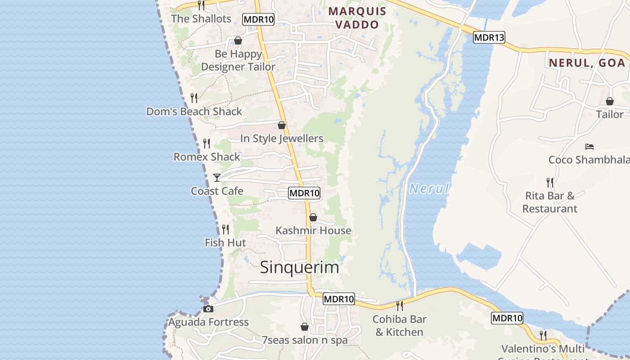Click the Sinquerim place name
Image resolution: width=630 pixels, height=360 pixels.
299,267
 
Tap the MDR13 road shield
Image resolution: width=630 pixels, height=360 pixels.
489,38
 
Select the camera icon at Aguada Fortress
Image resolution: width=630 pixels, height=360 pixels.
208,309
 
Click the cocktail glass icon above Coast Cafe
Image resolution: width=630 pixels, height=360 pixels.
216,178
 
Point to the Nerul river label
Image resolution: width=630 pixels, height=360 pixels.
429,189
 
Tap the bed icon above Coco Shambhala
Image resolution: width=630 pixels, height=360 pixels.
589,147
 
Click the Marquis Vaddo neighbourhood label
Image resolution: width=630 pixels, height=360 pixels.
357,18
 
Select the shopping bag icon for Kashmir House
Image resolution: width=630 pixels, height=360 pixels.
313,218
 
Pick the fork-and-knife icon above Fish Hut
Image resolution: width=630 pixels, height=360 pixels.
225,229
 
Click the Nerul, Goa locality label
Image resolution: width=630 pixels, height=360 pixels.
587,63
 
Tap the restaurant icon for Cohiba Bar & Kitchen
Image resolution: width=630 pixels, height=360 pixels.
399,306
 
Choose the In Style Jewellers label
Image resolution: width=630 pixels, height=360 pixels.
282,139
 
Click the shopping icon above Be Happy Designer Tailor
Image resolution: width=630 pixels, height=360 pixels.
238,41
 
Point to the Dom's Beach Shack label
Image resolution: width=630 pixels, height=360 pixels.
194,112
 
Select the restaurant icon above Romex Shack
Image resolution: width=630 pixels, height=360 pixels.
207,144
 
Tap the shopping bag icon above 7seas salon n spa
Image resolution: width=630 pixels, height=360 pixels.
305,327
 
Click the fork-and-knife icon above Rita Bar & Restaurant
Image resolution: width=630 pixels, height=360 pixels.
550,182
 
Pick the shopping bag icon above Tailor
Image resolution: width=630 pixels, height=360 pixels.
609,102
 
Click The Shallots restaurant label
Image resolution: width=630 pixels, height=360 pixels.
201,19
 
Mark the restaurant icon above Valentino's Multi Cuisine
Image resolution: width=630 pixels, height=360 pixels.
543,335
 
